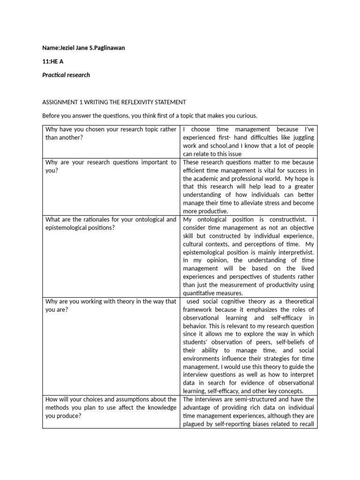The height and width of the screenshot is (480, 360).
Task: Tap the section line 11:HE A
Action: click(x=52, y=62)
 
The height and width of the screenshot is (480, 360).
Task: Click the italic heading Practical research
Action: click(x=66, y=75)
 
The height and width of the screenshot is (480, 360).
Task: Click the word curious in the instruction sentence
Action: click(x=246, y=116)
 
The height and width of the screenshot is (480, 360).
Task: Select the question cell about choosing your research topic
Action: click(x=111, y=133)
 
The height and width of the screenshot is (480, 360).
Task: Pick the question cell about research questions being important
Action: click(x=111, y=166)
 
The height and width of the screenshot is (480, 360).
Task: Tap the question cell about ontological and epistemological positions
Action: click(x=111, y=224)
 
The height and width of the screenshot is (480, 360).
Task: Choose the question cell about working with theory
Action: click(x=111, y=306)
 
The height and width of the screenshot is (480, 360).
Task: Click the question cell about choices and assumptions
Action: click(x=111, y=408)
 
